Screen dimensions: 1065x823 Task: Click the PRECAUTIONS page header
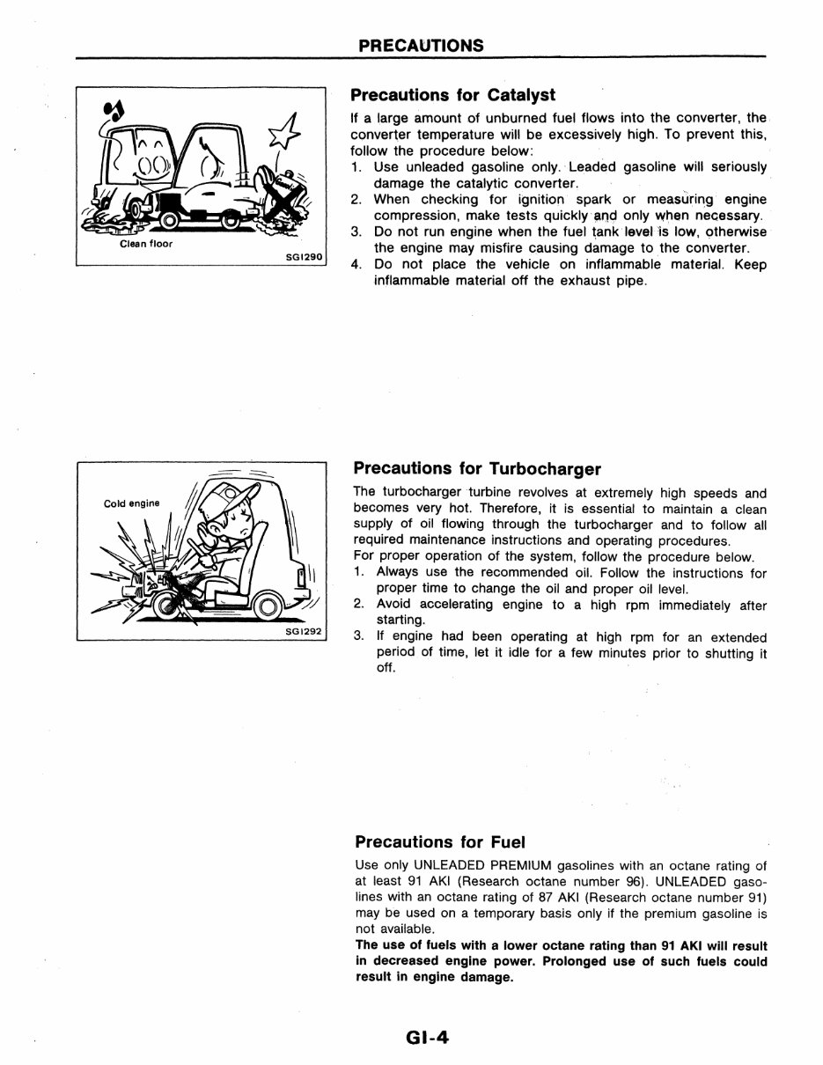coord(420,45)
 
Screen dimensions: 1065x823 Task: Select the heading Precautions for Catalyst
coord(452,95)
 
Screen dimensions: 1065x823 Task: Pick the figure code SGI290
coord(305,258)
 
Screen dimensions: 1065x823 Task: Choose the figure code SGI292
coord(305,631)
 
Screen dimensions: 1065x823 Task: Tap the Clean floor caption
coord(146,244)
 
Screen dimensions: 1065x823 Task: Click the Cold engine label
coord(132,503)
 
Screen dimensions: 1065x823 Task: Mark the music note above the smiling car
coord(114,109)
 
